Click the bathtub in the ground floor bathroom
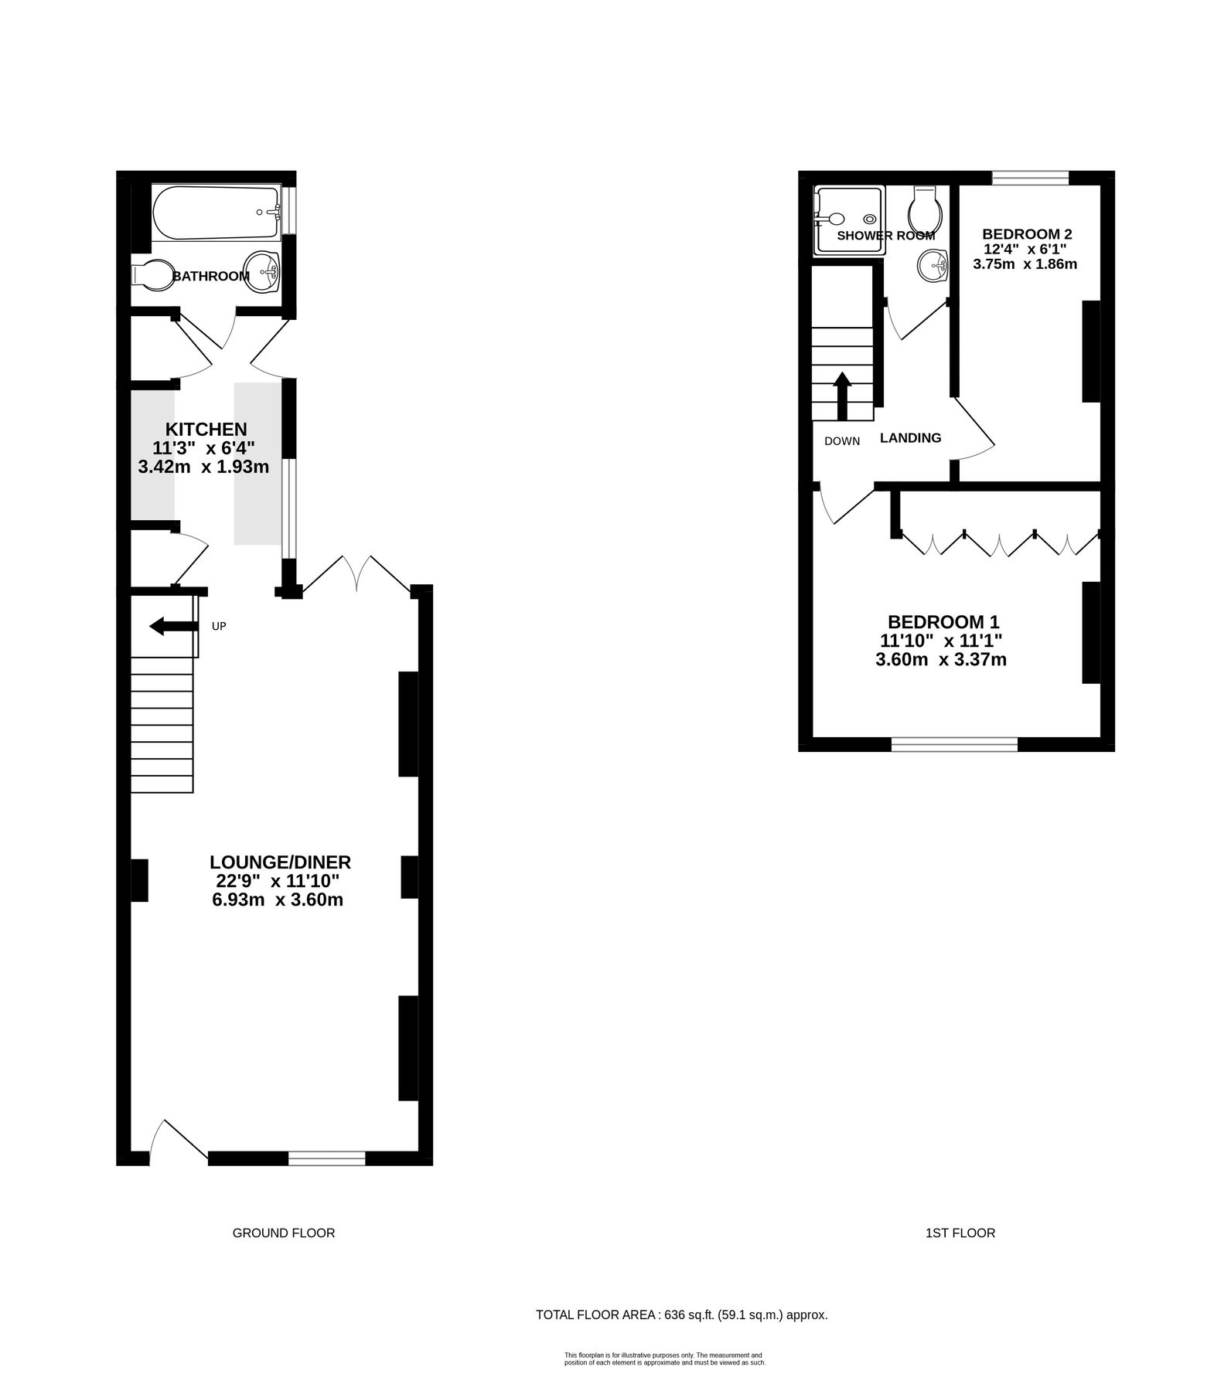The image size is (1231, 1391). click(x=215, y=213)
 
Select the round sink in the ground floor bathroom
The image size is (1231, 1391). click(x=261, y=272)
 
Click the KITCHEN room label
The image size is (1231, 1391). click(x=206, y=429)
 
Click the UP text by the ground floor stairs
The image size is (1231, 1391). click(x=219, y=626)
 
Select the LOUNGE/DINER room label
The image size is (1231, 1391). click(x=280, y=862)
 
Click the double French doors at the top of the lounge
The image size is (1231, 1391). click(x=356, y=573)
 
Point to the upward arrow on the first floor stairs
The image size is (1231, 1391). click(x=842, y=396)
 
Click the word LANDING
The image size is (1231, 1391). click(x=911, y=438)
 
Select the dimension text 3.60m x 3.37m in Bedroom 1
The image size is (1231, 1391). click(x=941, y=660)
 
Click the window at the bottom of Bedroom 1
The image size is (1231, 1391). click(x=954, y=744)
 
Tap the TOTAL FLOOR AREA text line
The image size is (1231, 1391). click(x=682, y=1314)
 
